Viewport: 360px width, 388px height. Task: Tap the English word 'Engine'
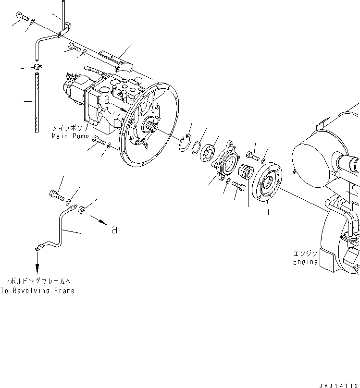(306, 262)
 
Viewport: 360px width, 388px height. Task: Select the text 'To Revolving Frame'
(37, 291)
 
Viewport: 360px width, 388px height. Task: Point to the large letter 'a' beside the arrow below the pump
(114, 230)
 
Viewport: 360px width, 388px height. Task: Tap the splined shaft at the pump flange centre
(153, 128)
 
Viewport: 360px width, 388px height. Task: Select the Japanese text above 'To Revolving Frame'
(37, 281)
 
